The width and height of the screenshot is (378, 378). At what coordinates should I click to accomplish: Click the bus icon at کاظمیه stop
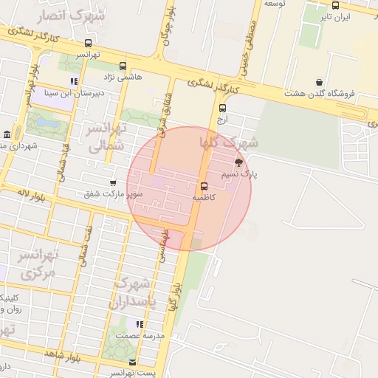(x=204, y=185)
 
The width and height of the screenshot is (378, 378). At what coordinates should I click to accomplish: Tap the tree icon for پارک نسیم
(x=238, y=162)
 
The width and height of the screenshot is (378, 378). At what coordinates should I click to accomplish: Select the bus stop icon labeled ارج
(x=222, y=107)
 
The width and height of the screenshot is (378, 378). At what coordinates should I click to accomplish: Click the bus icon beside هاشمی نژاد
(x=122, y=65)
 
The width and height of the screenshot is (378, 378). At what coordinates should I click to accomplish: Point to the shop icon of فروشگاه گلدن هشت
(x=319, y=82)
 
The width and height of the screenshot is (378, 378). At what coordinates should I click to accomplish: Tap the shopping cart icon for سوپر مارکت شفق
(x=112, y=182)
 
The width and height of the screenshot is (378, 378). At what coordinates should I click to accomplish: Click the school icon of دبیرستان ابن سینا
(x=73, y=81)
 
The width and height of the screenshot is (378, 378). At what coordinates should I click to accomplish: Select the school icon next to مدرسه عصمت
(x=138, y=323)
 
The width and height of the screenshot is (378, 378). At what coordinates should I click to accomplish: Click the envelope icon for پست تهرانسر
(x=132, y=362)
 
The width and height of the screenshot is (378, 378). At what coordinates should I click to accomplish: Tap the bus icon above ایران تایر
(x=336, y=5)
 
